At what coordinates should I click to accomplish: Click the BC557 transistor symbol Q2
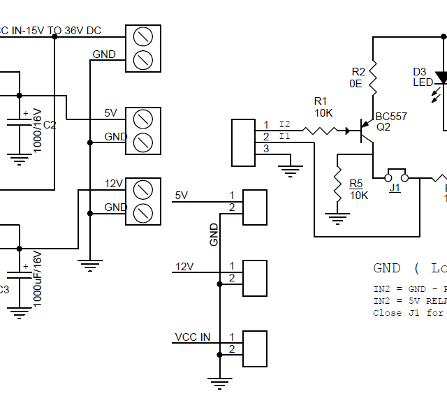coord(365,130)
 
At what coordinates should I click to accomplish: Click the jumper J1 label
coord(395,188)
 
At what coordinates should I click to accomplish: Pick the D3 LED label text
coord(422,77)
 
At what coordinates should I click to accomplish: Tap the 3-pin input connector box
coord(243,142)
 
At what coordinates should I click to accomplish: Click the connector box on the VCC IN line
coord(254,348)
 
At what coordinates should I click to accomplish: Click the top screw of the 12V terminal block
coord(142,189)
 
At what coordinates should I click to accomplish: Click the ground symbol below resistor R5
coord(338,219)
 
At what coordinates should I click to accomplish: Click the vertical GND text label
coord(214,235)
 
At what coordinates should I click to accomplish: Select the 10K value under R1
coord(323,113)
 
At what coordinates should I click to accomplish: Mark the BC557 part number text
coord(390,117)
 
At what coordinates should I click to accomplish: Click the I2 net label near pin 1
coord(284,124)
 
